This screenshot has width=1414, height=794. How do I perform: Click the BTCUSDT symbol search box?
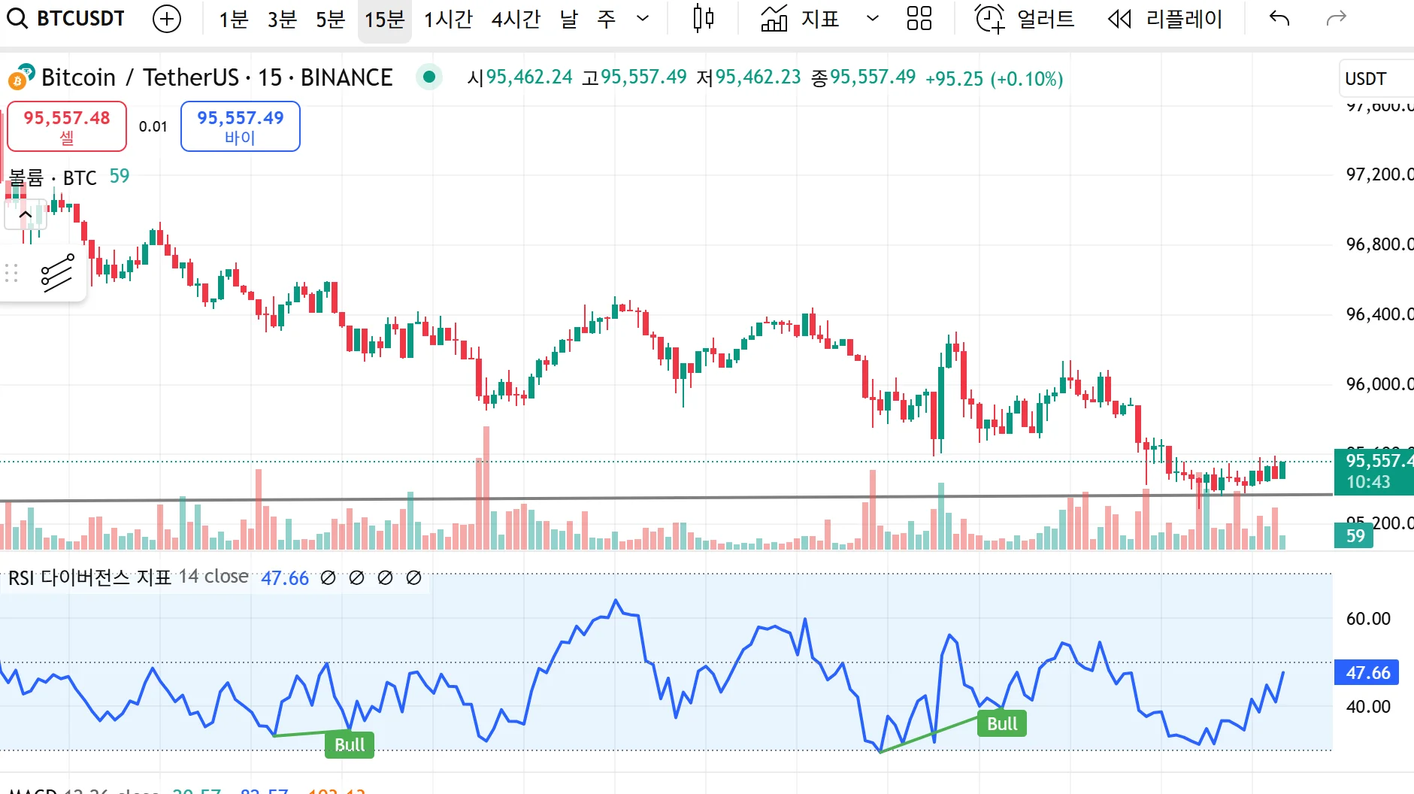point(67,18)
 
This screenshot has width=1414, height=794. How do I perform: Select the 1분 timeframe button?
point(233,19)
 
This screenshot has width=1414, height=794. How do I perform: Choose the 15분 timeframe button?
point(384,19)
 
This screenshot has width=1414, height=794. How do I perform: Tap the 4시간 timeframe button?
point(516,19)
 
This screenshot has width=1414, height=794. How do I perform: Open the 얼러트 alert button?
point(1025,19)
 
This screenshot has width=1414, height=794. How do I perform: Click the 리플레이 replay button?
point(1166,19)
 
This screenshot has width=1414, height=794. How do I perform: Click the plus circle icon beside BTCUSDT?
point(167,19)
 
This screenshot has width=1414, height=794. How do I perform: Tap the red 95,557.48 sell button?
point(67,126)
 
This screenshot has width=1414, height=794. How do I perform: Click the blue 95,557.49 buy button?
point(240,126)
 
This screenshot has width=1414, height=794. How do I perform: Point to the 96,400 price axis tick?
point(1377,314)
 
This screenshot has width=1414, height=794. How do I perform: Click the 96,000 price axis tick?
point(1377,384)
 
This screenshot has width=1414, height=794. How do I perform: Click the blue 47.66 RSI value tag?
point(1367,672)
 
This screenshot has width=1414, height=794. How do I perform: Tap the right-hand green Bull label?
point(1002,723)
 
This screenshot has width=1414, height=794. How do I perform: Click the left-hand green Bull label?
point(350,744)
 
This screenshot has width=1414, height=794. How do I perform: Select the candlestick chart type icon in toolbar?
point(703,19)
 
